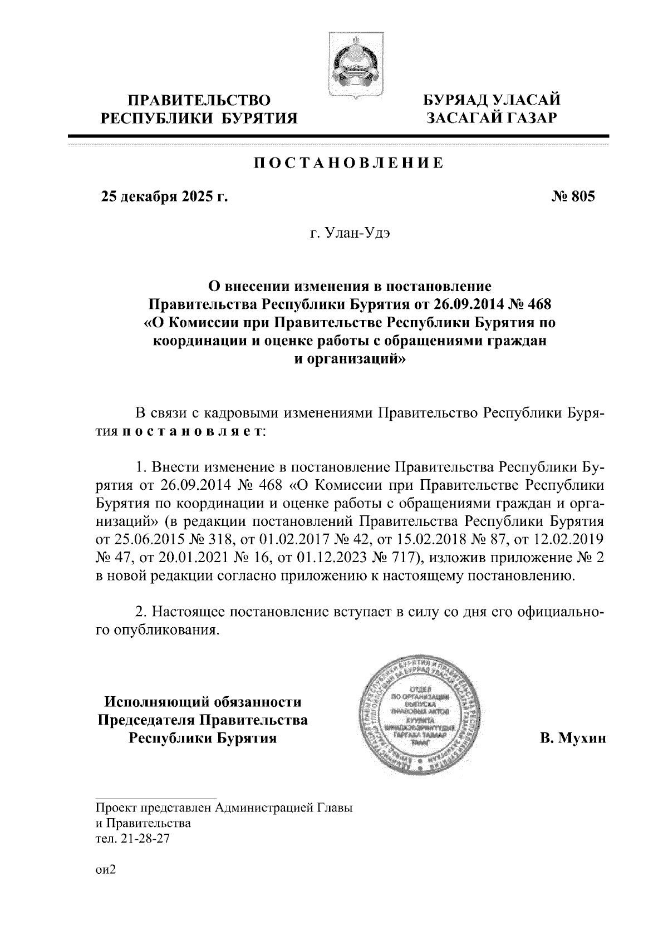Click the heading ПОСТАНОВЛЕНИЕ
pos(349,164)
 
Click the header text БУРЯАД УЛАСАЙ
pos(492,100)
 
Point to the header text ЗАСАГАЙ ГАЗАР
pos(491,117)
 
